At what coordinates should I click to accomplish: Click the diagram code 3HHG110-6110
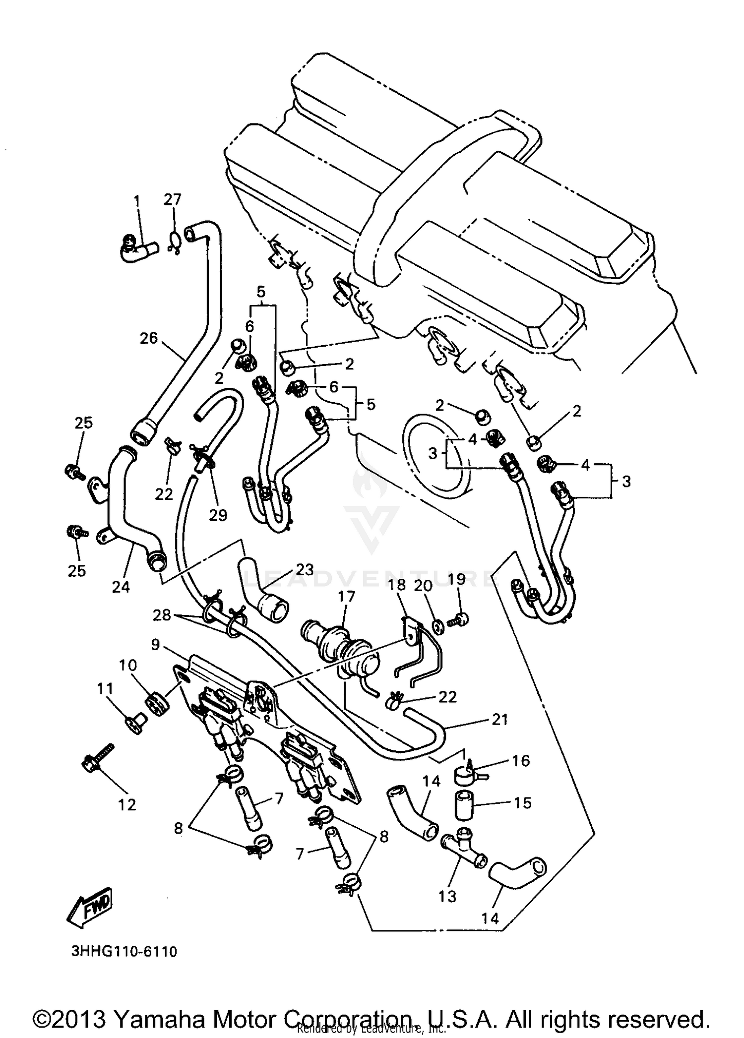[124, 952]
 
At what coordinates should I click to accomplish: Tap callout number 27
[173, 199]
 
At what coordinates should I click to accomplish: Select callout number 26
[149, 338]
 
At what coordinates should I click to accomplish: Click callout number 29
[218, 515]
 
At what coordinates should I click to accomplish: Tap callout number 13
[447, 896]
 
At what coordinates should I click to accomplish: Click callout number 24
[121, 587]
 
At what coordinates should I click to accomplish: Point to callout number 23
[305, 569]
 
